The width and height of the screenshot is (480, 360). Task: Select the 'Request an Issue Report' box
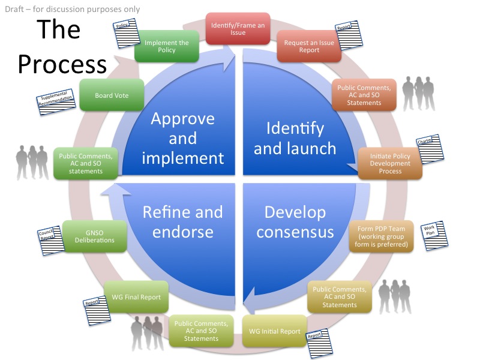(310, 46)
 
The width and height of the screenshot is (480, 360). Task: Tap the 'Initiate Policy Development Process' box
(390, 162)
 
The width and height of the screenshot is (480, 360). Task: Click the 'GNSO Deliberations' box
(96, 236)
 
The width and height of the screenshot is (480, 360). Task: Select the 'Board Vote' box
(112, 95)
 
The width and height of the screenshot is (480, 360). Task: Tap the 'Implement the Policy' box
(167, 46)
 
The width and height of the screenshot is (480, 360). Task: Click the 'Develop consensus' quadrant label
(295, 222)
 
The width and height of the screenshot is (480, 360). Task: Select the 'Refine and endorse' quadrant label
(182, 222)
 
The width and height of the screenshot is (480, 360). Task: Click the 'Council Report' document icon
(49, 239)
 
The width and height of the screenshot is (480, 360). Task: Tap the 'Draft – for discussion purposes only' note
(73, 9)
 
